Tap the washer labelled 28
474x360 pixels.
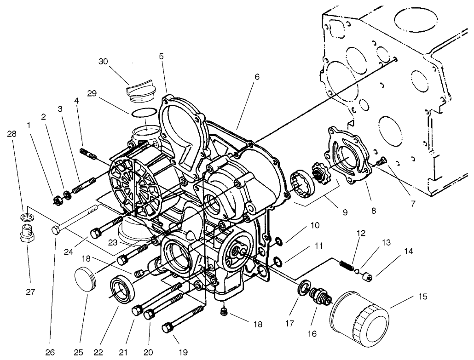(x=26, y=216)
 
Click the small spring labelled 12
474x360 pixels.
(x=346, y=265)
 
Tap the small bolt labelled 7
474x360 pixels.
(x=381, y=161)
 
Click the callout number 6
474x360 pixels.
(x=257, y=77)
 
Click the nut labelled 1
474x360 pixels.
(x=58, y=200)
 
